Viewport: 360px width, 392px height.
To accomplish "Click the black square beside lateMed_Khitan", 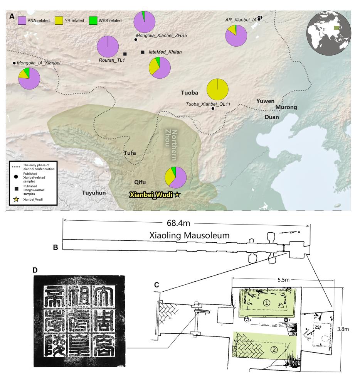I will [x=143, y=52].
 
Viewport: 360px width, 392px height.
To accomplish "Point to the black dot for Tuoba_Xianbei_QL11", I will [x=213, y=109].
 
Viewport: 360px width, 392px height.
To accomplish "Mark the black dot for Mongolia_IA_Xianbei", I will [x=14, y=63].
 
